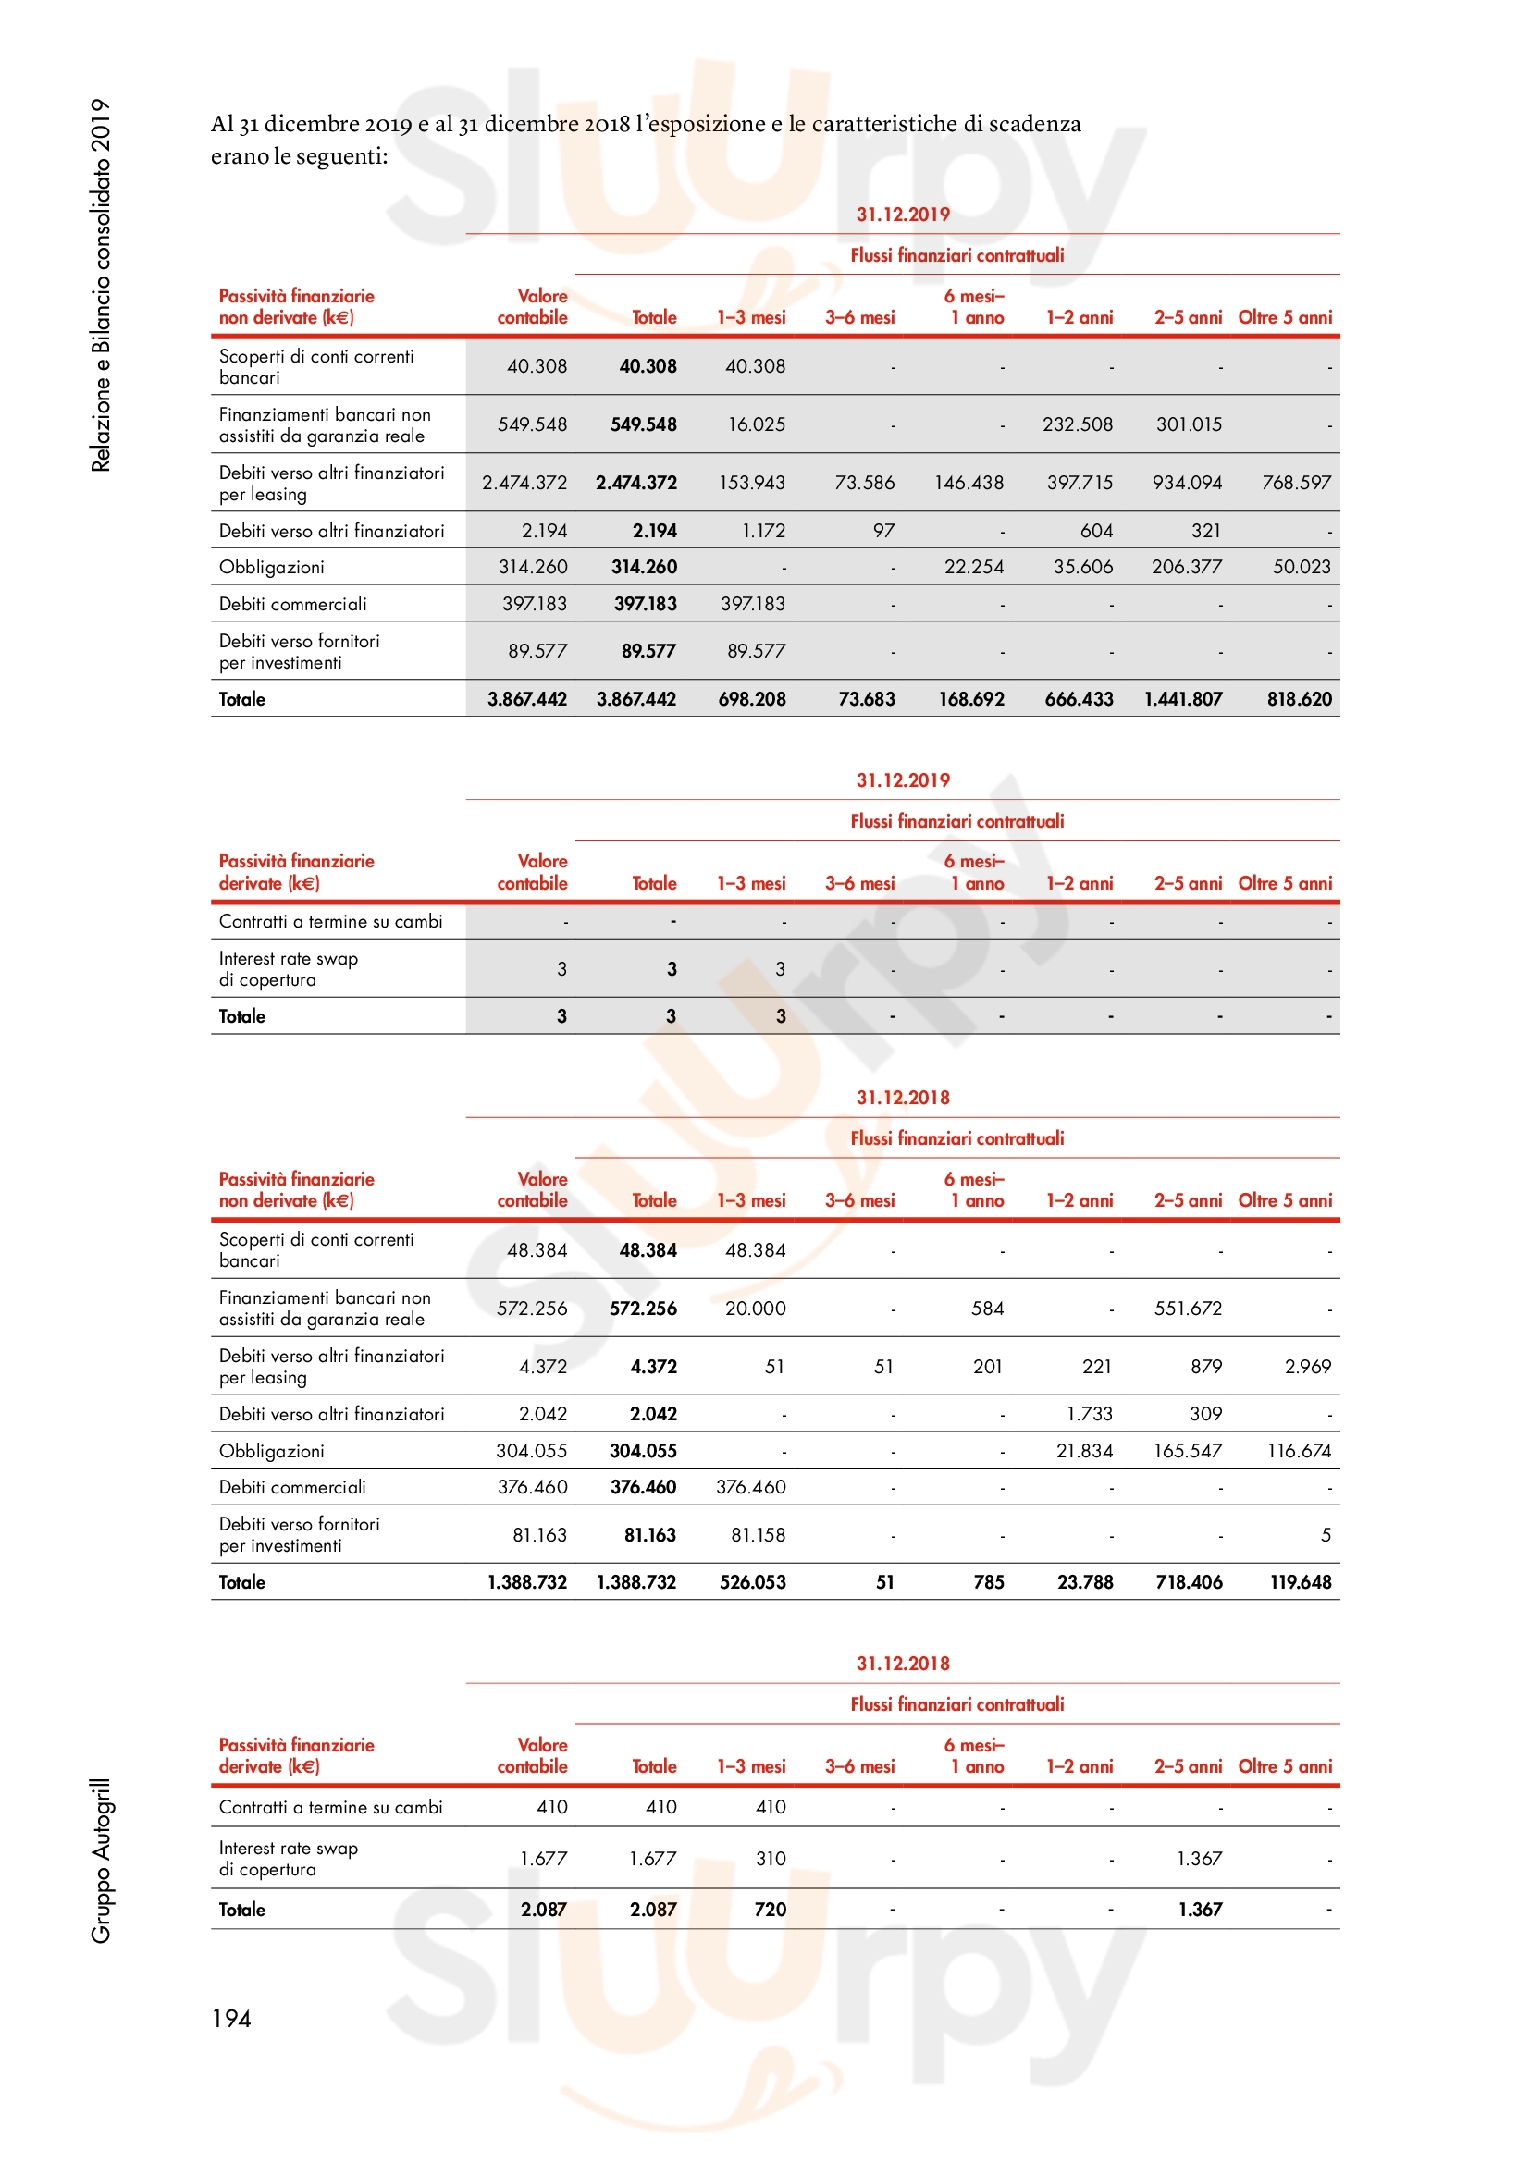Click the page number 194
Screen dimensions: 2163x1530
(x=231, y=2018)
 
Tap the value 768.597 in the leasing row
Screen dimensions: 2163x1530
(x=1296, y=484)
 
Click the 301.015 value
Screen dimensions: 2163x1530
(x=1188, y=424)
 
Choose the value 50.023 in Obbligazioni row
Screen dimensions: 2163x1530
(x=1302, y=567)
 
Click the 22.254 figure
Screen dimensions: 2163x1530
(x=973, y=567)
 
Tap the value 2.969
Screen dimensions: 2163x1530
(x=1308, y=1367)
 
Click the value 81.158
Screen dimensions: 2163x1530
(x=758, y=1536)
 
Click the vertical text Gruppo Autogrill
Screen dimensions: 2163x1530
(x=101, y=1861)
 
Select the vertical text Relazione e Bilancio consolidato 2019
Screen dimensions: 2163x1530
(x=101, y=285)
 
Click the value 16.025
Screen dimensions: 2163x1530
(x=756, y=424)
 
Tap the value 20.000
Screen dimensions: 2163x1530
(x=755, y=1309)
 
